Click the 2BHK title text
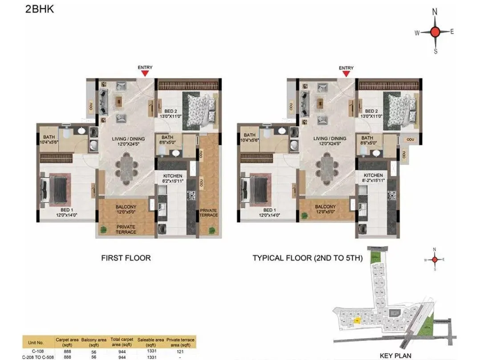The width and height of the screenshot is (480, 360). [40, 9]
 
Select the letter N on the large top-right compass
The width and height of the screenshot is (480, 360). [435, 12]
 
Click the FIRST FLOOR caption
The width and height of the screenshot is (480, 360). [126, 258]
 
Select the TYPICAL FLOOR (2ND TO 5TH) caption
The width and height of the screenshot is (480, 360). [308, 258]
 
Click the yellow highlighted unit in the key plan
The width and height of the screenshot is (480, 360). [357, 320]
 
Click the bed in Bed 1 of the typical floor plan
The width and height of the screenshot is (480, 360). [255, 188]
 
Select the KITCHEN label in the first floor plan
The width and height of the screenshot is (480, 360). [171, 175]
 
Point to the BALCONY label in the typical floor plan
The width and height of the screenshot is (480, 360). [325, 207]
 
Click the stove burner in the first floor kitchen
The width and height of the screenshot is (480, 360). [192, 195]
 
